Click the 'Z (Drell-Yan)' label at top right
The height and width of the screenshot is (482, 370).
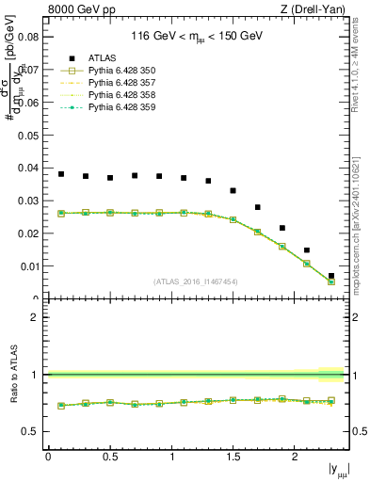(316, 10)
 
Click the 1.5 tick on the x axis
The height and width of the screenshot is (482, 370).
(233, 456)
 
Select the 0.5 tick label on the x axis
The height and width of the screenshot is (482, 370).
(110, 456)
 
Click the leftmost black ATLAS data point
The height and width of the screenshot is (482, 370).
(61, 174)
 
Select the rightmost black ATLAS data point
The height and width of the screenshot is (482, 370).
(331, 276)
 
